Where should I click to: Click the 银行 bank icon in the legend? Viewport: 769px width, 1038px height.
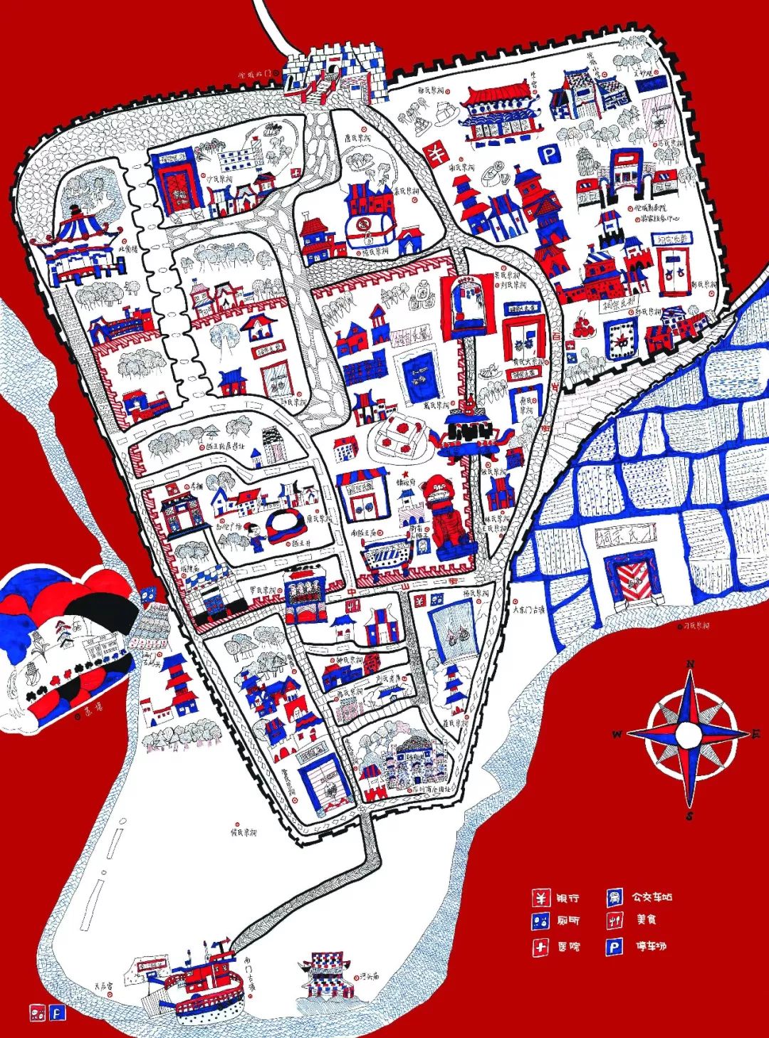coord(541,898)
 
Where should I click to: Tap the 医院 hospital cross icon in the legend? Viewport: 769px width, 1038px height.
coord(541,947)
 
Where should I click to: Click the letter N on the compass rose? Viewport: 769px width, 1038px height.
coord(689,664)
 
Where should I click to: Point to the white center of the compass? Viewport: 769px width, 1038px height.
coord(688,734)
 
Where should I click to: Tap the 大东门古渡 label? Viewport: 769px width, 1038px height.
coord(529,609)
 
